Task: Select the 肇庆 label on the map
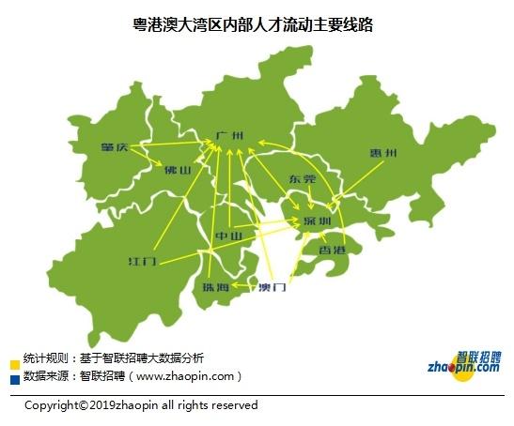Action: pyautogui.click(x=119, y=146)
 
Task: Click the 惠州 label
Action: pyautogui.click(x=383, y=153)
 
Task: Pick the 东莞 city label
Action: pyautogui.click(x=304, y=178)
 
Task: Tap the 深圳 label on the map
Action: pyautogui.click(x=318, y=221)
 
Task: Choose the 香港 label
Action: pyautogui.click(x=333, y=251)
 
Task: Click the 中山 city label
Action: pyautogui.click(x=229, y=235)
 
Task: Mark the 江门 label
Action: pyautogui.click(x=143, y=258)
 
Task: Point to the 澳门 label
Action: pyautogui.click(x=272, y=287)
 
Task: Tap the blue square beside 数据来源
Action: pyautogui.click(x=14, y=380)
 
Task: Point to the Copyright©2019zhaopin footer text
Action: pyautogui.click(x=141, y=405)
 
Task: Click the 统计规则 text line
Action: pyautogui.click(x=113, y=358)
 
